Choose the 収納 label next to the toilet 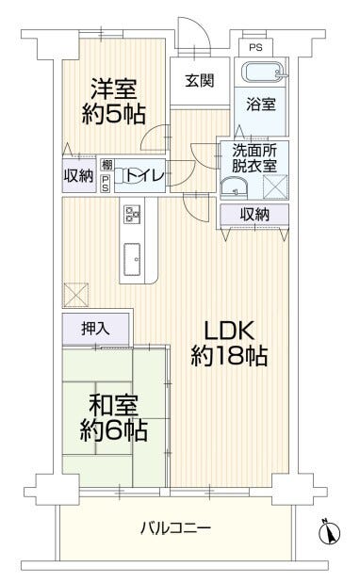(78, 176)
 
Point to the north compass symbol (329, 532)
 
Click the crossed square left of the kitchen (74, 294)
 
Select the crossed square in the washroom (276, 185)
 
